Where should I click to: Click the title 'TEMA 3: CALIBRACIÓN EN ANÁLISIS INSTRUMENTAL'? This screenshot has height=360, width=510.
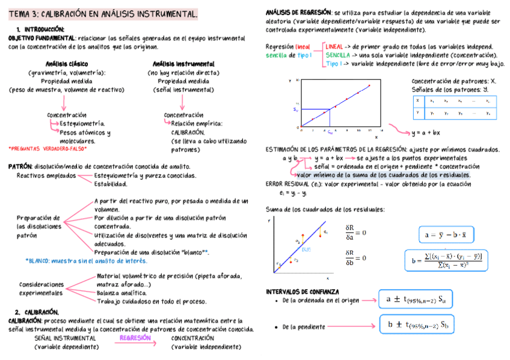click(103, 13)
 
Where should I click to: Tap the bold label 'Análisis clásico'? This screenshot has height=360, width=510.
click(66, 64)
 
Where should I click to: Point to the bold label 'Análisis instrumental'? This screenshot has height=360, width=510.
click(183, 64)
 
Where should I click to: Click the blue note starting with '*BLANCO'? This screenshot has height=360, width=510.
click(86, 261)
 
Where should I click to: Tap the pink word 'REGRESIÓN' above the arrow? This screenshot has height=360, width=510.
click(135, 338)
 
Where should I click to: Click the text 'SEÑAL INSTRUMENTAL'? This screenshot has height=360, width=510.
click(65, 338)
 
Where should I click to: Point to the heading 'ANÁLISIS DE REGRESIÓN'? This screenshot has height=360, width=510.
click(298, 12)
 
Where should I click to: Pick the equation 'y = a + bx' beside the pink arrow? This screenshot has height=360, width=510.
click(425, 133)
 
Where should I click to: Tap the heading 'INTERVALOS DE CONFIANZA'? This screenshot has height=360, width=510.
click(302, 291)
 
